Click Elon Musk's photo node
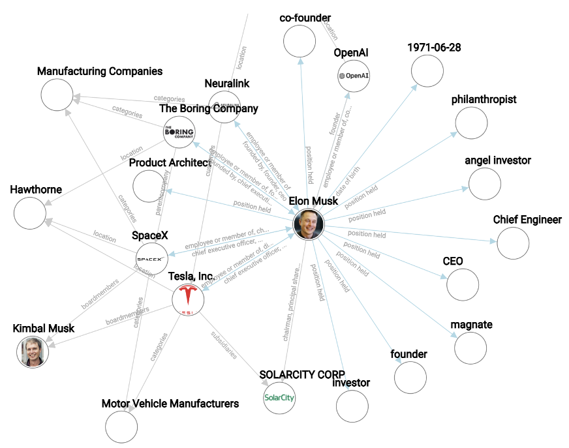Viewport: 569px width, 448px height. coord(309,224)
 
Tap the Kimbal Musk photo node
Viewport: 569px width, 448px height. coord(33,351)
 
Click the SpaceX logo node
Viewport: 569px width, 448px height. coord(151,259)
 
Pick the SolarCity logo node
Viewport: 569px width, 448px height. coord(279,397)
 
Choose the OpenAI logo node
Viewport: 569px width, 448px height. coord(354,76)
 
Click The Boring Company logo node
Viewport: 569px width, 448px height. coord(179,132)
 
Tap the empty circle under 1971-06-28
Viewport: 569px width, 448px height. coord(427,71)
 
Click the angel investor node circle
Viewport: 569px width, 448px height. coord(485,184)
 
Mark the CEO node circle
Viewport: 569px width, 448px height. coord(463,284)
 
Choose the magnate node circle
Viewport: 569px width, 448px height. coord(470,348)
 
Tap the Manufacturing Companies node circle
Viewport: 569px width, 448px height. coord(57,95)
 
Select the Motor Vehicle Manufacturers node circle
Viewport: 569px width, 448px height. coord(121,427)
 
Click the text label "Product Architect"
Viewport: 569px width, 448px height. coord(170,162)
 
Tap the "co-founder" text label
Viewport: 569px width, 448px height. coord(305,18)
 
